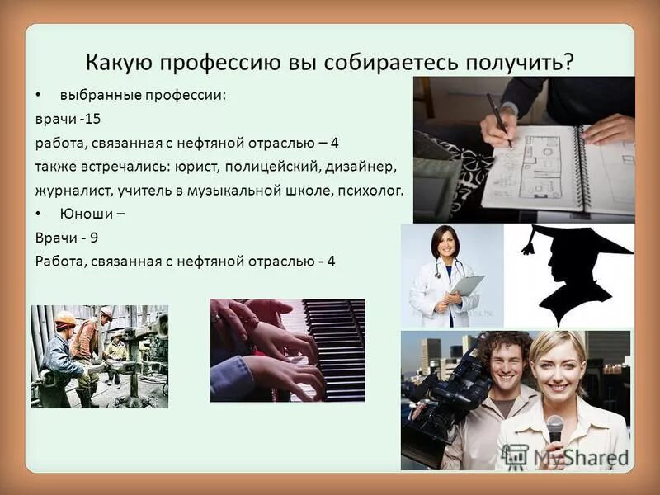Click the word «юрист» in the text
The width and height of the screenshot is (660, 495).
pos(193,167)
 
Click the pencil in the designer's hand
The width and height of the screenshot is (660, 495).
pos(498,120)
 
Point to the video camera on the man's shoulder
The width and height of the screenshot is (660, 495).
pos(450,388)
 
